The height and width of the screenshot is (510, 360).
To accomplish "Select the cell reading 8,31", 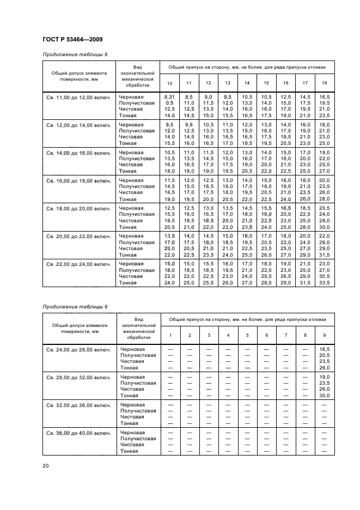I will (169, 96).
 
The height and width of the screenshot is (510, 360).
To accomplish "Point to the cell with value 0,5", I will (169, 103).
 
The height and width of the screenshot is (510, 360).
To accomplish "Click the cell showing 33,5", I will (324, 283).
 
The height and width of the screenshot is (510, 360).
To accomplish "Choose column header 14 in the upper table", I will (247, 83).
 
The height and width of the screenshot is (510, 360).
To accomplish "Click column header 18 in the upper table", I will (324, 83).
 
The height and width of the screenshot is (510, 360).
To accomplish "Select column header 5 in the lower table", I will (247, 335).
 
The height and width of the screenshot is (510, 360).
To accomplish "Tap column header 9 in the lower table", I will (324, 335).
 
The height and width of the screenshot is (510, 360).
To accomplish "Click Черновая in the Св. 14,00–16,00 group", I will (131, 153).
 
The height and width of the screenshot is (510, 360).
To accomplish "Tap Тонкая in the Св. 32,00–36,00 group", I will (129, 423).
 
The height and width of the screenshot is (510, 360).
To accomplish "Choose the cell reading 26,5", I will (285, 276).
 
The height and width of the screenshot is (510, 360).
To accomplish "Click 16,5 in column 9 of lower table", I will (324, 349).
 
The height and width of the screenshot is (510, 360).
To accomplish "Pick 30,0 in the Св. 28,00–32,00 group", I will (324, 396).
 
